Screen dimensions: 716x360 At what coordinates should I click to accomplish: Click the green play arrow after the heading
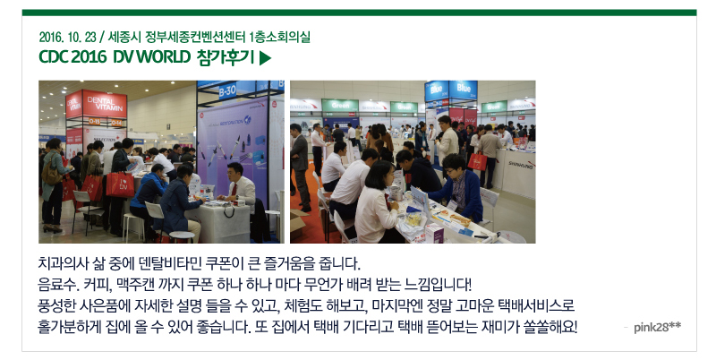click(265, 58)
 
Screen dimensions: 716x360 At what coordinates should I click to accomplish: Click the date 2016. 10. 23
click(68, 37)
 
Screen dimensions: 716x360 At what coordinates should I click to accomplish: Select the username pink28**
click(657, 327)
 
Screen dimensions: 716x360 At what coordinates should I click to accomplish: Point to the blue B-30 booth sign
click(227, 91)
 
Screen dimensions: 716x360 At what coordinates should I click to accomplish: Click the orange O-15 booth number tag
click(95, 122)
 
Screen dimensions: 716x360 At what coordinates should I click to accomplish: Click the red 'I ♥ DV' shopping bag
click(120, 184)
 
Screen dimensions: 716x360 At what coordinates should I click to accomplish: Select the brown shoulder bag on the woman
click(51, 174)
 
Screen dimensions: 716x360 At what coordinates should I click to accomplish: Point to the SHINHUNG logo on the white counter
click(522, 165)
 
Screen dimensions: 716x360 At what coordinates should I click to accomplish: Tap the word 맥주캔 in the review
click(134, 285)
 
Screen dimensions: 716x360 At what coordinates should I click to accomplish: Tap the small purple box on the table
click(434, 233)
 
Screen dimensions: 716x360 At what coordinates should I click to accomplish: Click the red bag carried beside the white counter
click(477, 161)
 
